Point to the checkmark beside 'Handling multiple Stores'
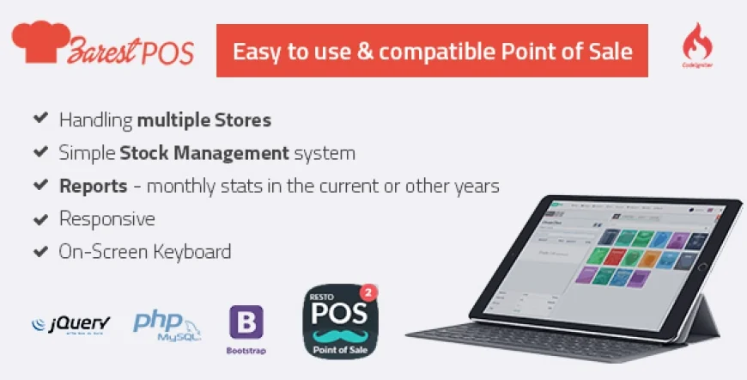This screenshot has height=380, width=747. [x=39, y=119]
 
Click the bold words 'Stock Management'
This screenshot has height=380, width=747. [x=203, y=153]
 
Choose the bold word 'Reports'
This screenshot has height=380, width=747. [x=93, y=186]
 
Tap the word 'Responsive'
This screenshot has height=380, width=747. [x=106, y=218]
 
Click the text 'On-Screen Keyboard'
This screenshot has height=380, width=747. [x=144, y=252]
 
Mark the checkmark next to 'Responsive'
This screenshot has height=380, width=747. [x=39, y=218]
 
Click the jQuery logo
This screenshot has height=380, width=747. [x=70, y=324]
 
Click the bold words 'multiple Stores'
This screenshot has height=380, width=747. [x=204, y=120]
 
